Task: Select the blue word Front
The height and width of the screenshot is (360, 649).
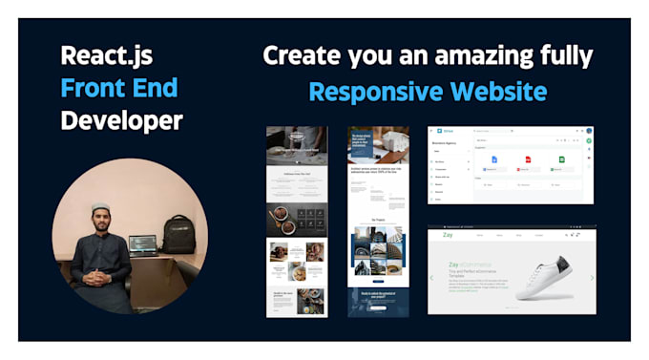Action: click(x=86, y=89)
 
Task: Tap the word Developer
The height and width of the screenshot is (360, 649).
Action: click(x=121, y=121)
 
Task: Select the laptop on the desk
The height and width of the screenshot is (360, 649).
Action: click(x=143, y=244)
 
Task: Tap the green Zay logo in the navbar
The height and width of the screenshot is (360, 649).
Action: click(x=447, y=235)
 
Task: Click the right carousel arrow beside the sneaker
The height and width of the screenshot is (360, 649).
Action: click(x=592, y=279)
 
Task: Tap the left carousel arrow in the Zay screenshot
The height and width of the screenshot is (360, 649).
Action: click(x=432, y=279)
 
